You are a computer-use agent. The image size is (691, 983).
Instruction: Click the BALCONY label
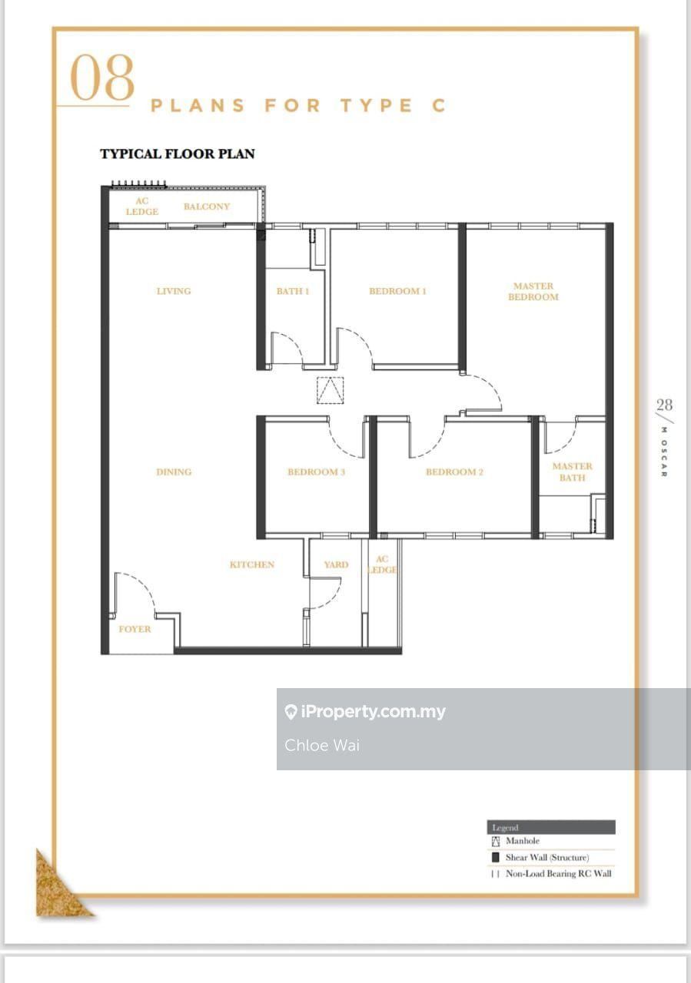(x=207, y=207)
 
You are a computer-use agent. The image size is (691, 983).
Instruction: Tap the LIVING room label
(x=174, y=291)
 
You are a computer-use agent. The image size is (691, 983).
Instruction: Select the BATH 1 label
(x=293, y=291)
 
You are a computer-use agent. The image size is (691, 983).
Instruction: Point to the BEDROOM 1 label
(x=397, y=291)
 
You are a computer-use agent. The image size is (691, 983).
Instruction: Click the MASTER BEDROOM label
(x=533, y=292)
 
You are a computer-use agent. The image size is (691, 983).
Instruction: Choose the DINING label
(x=174, y=472)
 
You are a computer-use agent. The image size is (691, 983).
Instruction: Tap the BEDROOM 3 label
(x=317, y=472)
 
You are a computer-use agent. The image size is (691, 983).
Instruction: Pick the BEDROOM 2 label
(x=454, y=472)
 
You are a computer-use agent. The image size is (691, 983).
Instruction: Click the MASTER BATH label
(x=573, y=472)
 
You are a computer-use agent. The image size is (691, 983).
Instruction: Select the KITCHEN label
(x=252, y=564)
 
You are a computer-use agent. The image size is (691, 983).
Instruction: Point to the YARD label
(x=336, y=564)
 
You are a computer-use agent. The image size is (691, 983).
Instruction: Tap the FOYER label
(x=135, y=629)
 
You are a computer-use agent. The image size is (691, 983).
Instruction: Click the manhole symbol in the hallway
(x=330, y=390)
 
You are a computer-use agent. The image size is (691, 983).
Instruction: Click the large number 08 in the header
(x=102, y=79)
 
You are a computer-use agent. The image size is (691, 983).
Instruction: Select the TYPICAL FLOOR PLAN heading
(x=178, y=154)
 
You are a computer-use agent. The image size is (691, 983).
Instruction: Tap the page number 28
(x=664, y=405)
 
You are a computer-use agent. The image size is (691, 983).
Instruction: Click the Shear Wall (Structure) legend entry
(x=546, y=857)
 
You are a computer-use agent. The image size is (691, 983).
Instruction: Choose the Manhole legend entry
(x=522, y=841)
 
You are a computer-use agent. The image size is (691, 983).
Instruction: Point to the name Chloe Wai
(x=322, y=745)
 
